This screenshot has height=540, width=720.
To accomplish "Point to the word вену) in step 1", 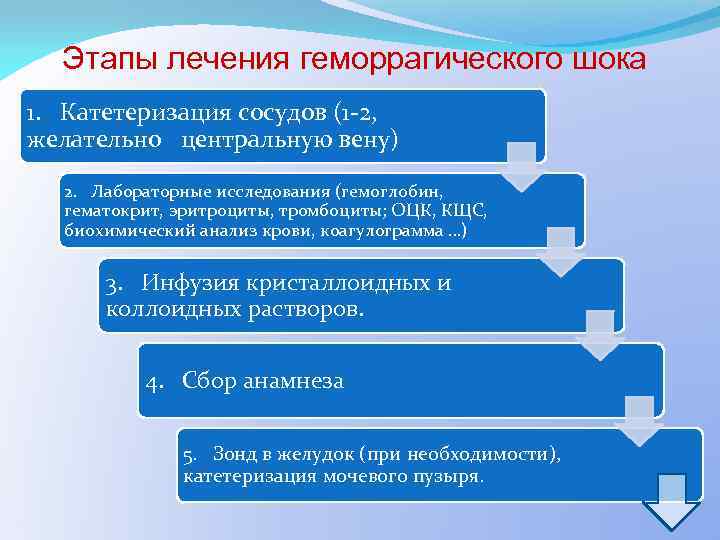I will click(x=363, y=137).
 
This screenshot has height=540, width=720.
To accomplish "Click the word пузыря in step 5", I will click(x=451, y=476).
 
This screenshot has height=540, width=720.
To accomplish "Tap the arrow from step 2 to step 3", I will click(x=561, y=251).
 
